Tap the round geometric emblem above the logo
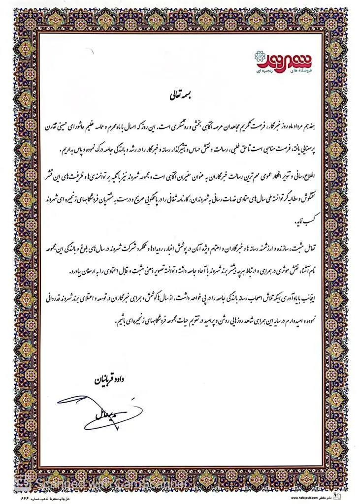point(258,54)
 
